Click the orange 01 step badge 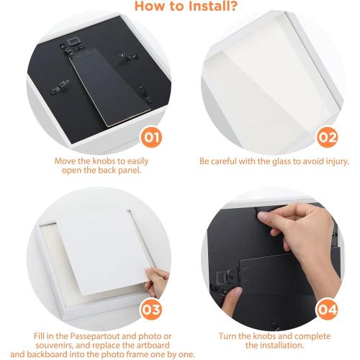151,138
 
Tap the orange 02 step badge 327,138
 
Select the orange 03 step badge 151,310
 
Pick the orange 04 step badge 327,310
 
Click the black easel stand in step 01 110,87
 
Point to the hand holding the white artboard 156,283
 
